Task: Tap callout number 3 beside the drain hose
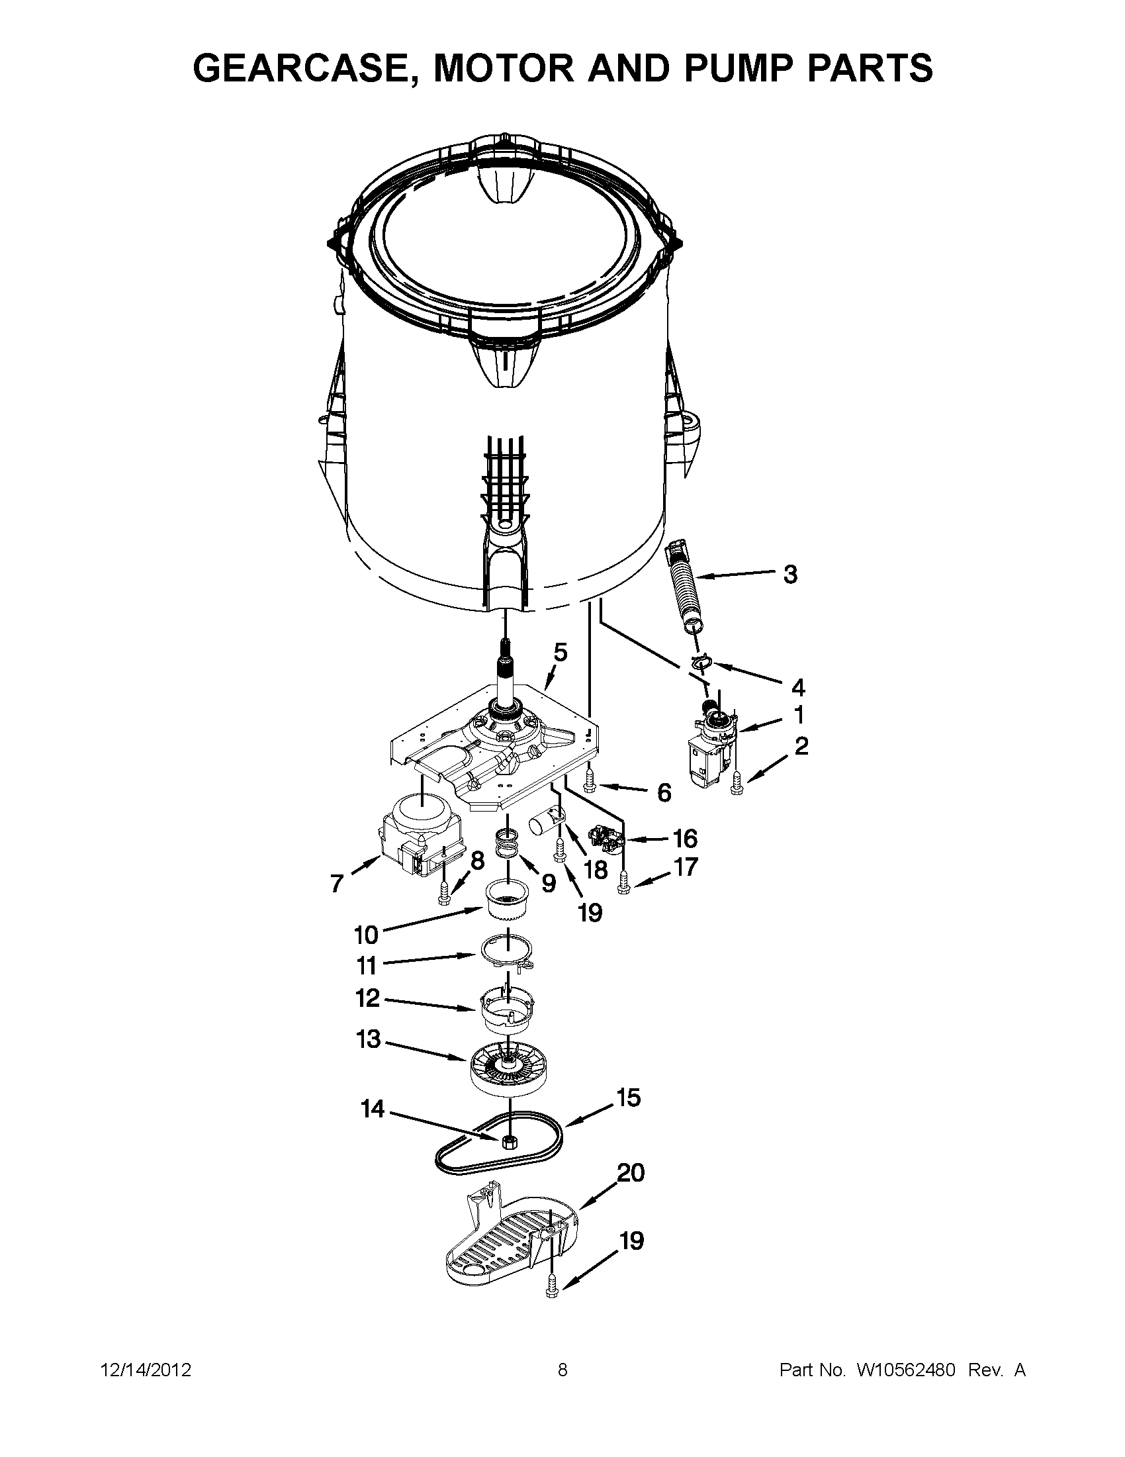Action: click(789, 575)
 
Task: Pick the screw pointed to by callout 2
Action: click(737, 783)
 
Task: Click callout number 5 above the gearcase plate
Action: click(560, 652)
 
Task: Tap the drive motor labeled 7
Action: click(412, 837)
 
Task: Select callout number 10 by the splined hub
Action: click(366, 935)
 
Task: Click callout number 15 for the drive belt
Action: click(628, 1098)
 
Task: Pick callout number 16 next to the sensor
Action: click(685, 838)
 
